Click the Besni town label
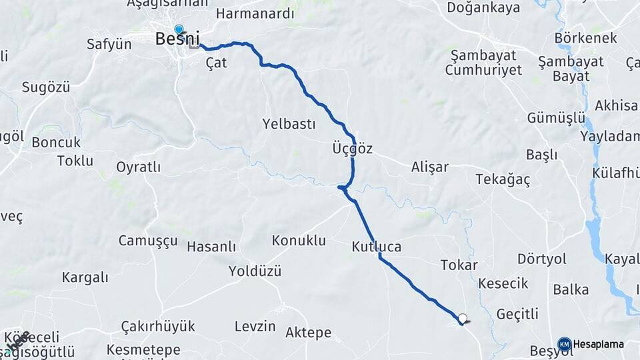177,39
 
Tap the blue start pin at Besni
179,29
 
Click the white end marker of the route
462,319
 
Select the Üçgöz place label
352,149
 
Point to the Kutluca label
377,247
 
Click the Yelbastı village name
289,124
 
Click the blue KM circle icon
564,344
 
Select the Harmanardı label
245,13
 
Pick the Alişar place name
430,167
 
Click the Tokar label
459,265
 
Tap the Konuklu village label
299,240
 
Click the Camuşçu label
148,241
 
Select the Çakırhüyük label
158,326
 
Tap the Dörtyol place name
541,258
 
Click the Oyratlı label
138,167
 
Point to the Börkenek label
585,38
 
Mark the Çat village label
217,63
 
